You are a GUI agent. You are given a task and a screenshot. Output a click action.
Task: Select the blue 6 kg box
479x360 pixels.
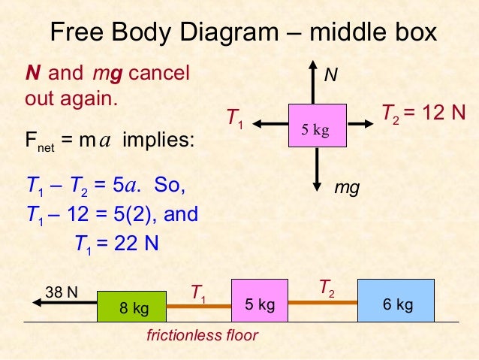click(396, 300)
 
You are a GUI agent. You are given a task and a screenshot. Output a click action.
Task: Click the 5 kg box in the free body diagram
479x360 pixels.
click(317, 126)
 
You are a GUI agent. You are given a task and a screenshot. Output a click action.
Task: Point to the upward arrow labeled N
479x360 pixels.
click(317, 83)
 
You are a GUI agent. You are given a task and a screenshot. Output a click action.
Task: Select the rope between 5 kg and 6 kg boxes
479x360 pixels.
click(323, 301)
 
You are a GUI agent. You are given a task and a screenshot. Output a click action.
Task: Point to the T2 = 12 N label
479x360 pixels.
click(423, 114)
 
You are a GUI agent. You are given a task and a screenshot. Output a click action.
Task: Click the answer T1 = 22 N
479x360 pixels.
click(116, 243)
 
